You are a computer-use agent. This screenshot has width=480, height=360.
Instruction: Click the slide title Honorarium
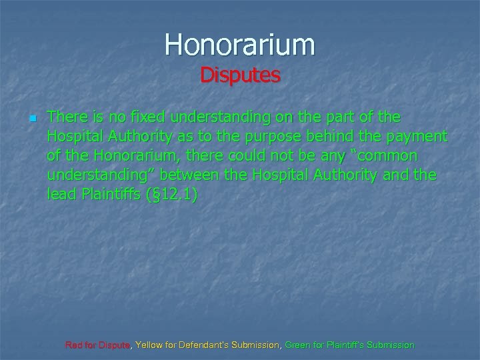[240, 45]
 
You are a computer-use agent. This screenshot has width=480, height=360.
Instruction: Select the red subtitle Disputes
[240, 75]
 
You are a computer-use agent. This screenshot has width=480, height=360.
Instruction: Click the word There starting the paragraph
[66, 117]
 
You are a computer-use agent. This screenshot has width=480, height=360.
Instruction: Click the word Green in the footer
[297, 345]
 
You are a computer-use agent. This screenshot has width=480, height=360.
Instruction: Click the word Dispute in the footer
[116, 345]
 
